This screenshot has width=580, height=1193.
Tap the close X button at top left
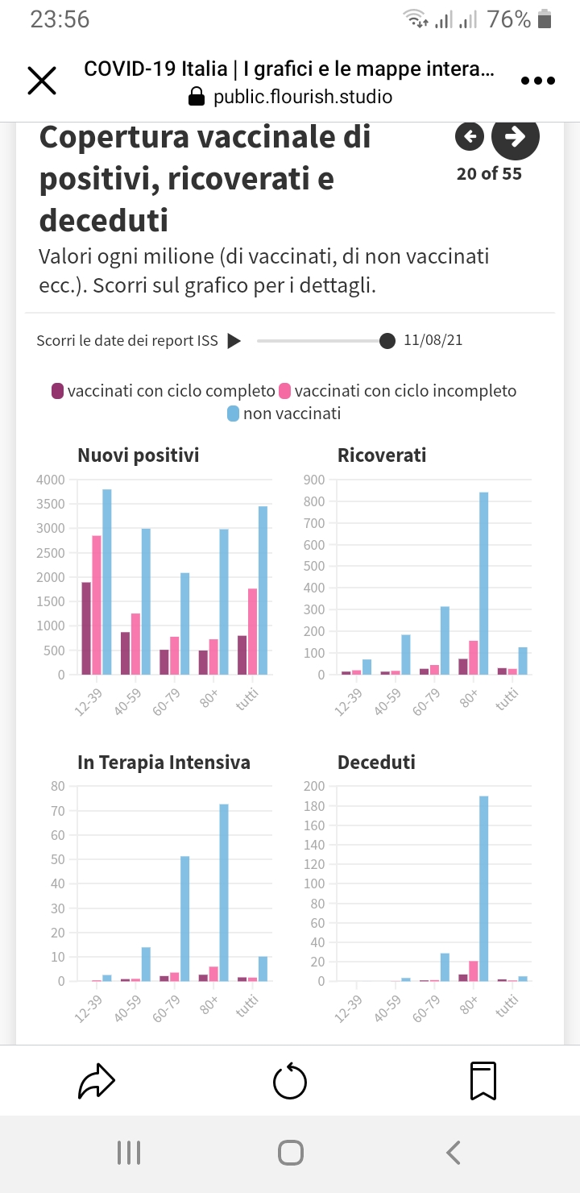click(42, 81)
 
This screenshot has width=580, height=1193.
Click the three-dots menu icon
click(538, 81)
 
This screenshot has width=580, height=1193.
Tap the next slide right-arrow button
click(516, 137)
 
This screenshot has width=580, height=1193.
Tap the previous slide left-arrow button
click(470, 137)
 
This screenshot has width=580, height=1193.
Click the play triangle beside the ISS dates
click(234, 341)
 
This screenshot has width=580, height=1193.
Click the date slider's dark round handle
click(387, 341)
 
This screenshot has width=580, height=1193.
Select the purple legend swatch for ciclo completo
click(58, 392)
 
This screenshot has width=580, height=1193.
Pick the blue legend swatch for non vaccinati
click(234, 414)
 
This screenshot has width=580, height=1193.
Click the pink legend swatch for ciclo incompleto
click(285, 392)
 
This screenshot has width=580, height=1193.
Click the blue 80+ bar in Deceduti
click(484, 888)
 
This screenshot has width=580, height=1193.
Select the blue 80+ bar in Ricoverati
click(484, 583)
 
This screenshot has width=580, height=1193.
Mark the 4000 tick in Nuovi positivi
click(50, 480)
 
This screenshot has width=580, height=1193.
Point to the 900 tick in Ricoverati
click(313, 480)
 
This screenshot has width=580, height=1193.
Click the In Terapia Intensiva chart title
click(164, 763)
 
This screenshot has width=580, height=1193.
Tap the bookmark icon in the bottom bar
click(483, 1081)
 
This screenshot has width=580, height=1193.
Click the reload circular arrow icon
click(290, 1081)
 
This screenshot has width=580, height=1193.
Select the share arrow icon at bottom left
click(97, 1081)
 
